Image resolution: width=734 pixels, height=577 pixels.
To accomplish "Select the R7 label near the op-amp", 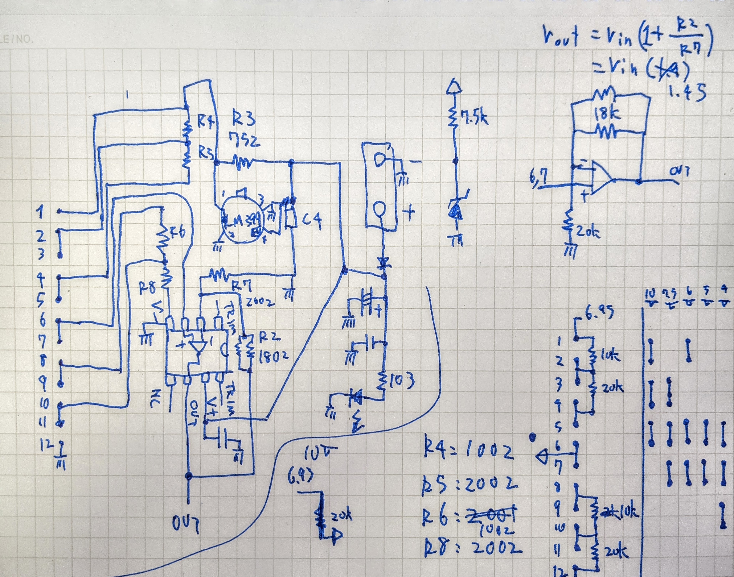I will [x=242, y=286].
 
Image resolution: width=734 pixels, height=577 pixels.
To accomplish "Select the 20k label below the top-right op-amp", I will [x=588, y=232].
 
